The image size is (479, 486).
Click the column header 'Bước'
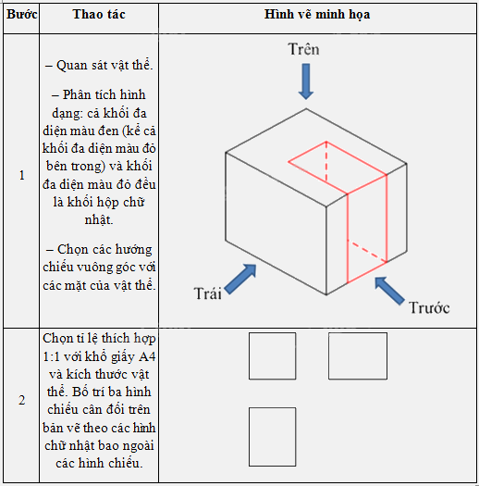coord(21,17)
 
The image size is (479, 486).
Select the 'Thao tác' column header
coord(99,17)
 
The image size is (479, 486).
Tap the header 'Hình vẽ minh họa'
coord(317,17)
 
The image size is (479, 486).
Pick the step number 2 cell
coord(21,400)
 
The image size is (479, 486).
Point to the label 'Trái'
coord(209,293)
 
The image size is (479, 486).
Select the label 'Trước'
coord(429,307)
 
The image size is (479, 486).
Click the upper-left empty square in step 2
coord(272,356)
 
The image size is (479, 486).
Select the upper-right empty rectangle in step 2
coord(357,356)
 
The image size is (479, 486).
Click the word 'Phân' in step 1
coord(79,95)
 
